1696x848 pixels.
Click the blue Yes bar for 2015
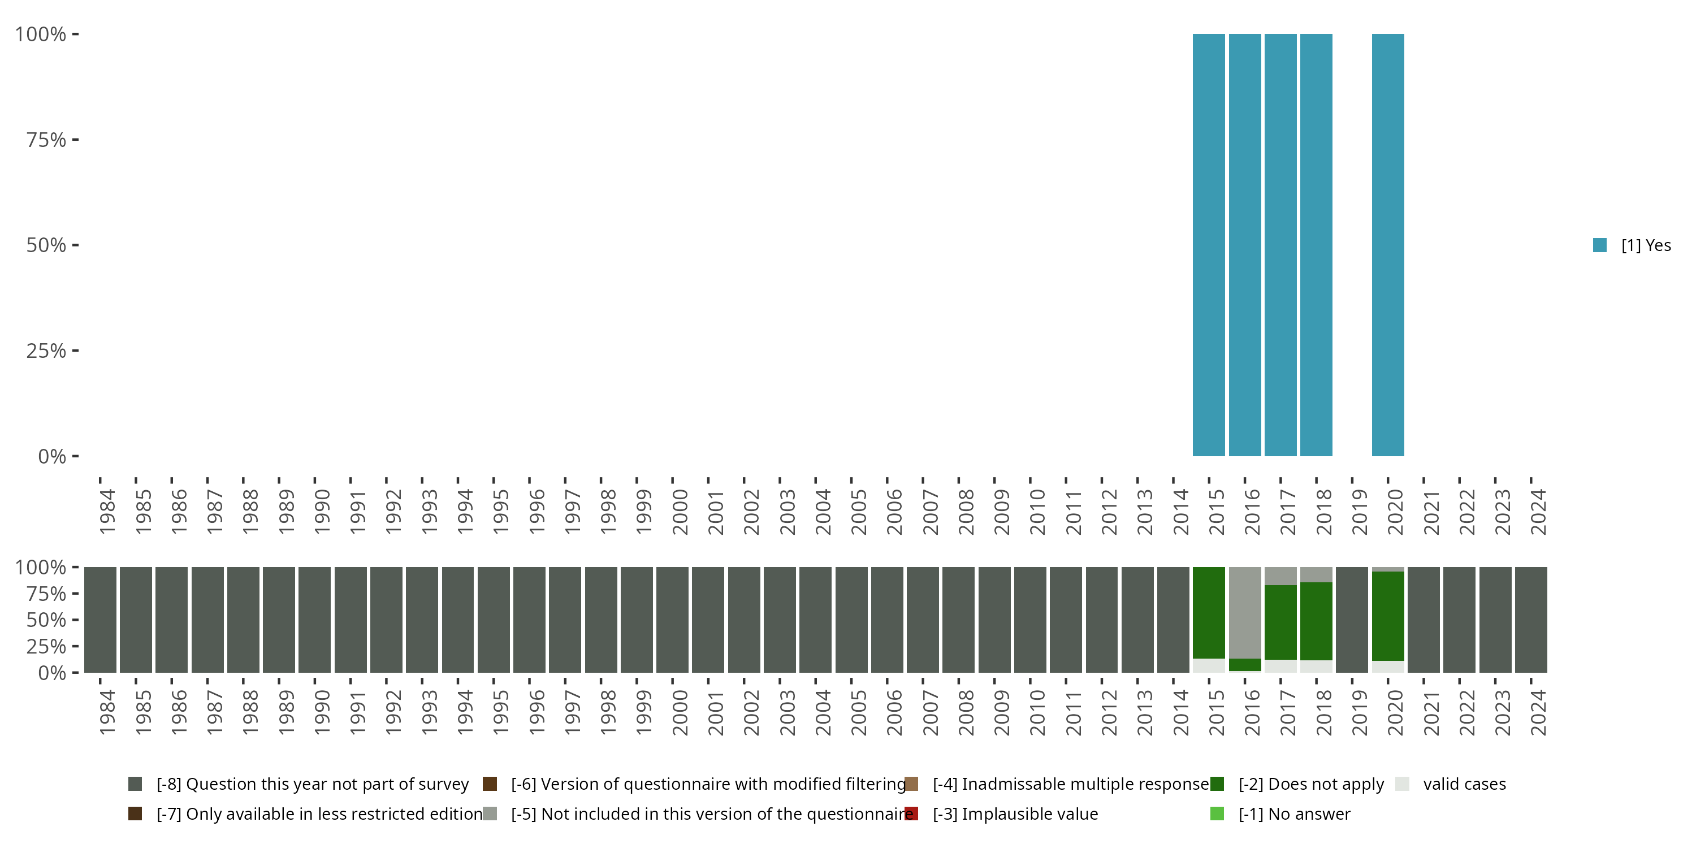[1209, 245]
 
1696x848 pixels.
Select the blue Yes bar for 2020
[1388, 245]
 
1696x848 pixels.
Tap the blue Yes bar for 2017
[1280, 245]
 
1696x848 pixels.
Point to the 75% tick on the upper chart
[46, 140]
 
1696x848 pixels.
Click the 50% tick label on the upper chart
[46, 245]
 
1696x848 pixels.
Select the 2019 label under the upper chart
[1360, 512]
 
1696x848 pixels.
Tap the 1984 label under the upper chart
[107, 512]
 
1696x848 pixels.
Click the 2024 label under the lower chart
[1538, 712]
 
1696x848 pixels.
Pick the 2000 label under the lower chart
[680, 712]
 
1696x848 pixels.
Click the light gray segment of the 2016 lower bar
[1245, 612]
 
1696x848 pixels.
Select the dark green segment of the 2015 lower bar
[1209, 612]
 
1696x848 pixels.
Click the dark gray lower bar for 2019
[1352, 620]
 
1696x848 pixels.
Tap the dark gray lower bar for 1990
[315, 620]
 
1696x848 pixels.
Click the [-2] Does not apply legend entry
[1310, 784]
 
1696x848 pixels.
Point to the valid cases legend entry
[1464, 784]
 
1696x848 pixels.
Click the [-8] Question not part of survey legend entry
[312, 784]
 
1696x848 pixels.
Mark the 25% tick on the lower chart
[46, 646]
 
